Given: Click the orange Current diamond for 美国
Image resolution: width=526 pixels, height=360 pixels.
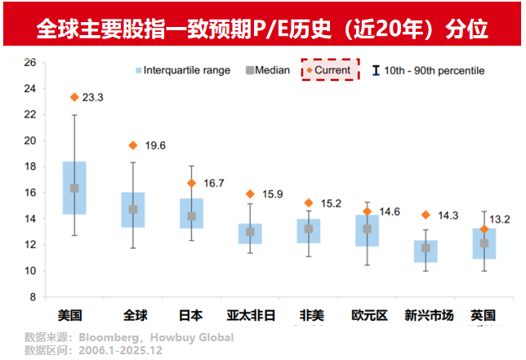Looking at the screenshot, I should pyautogui.click(x=74, y=97).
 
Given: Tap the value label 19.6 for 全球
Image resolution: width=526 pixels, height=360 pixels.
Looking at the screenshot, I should pyautogui.click(x=155, y=145).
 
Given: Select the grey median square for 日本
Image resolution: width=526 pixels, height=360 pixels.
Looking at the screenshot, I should pyautogui.click(x=192, y=216).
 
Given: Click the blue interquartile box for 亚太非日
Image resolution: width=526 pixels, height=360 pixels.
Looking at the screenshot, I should pyautogui.click(x=250, y=233).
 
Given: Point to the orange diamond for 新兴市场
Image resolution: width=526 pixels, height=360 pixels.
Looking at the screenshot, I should pyautogui.click(x=425, y=215).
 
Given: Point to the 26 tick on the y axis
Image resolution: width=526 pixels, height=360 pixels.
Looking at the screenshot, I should pyautogui.click(x=29, y=62).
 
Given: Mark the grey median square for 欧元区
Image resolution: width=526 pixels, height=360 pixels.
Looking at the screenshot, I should pyautogui.click(x=367, y=229).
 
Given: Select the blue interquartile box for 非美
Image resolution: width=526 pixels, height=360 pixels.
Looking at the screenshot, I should pyautogui.click(x=308, y=231).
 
